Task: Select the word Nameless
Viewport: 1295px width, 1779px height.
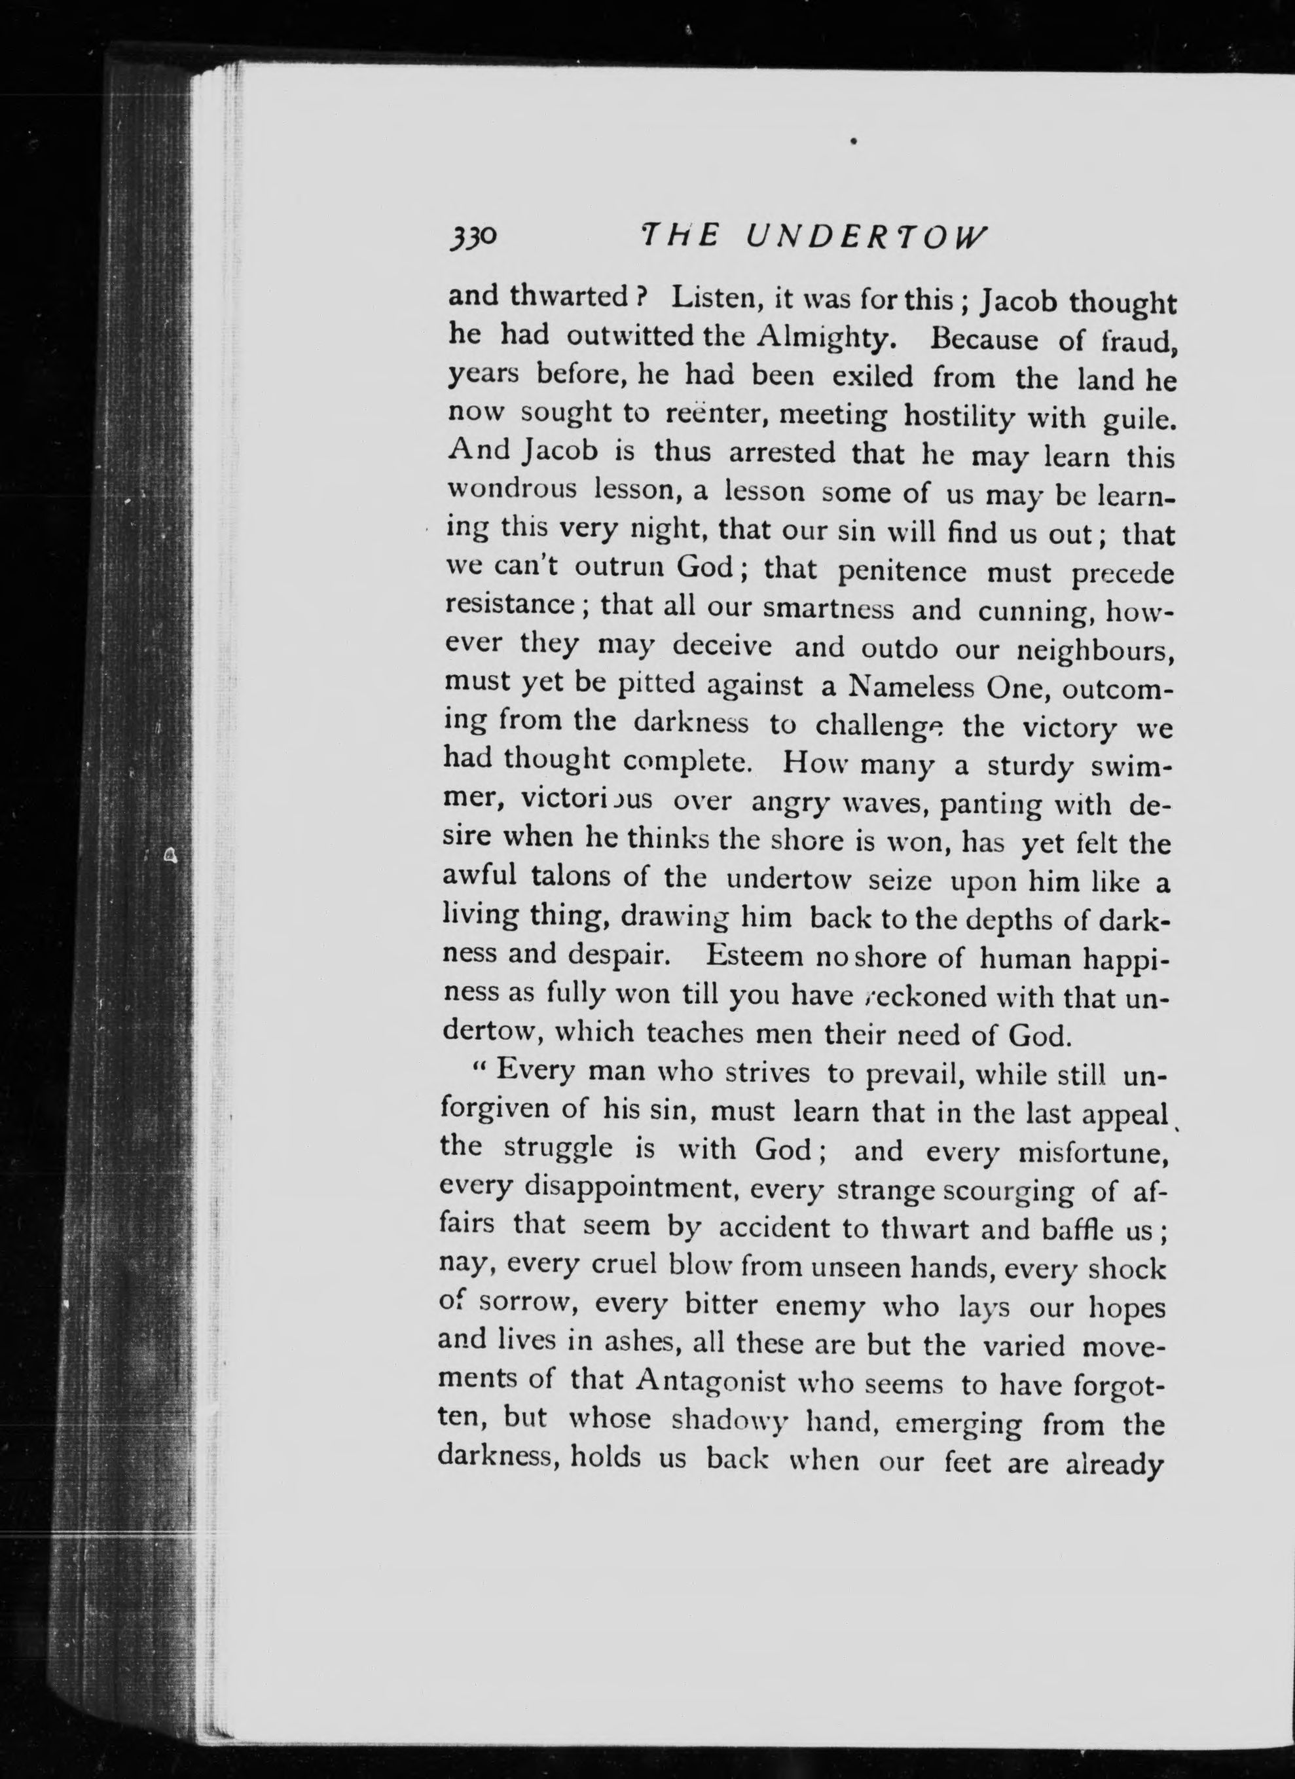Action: (x=910, y=688)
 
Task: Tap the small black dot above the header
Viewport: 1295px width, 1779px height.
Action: (x=852, y=141)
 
